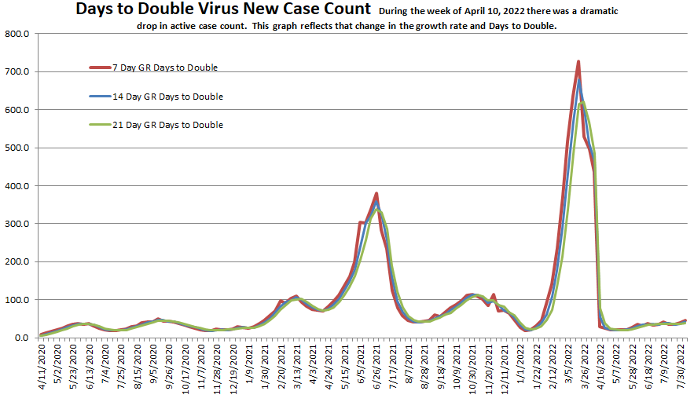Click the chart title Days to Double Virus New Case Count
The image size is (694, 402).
point(223,10)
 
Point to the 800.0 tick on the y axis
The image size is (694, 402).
point(17,35)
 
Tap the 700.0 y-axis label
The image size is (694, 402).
point(17,72)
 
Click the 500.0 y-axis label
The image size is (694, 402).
point(17,148)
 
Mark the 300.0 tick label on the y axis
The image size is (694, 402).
point(17,224)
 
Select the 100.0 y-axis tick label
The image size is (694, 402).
point(17,300)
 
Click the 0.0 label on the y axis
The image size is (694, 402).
point(21,338)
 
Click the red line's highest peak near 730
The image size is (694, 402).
point(578,61)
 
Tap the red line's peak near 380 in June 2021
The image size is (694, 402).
point(377,193)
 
